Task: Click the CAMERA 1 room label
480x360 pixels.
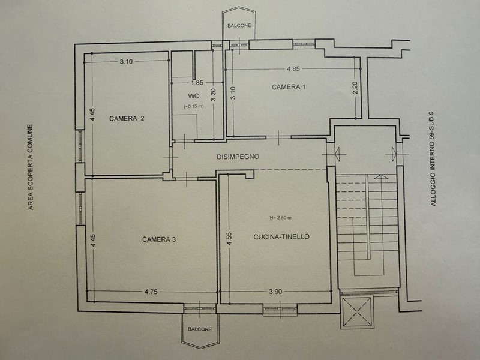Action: point(289,87)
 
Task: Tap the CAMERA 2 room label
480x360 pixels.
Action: point(127,118)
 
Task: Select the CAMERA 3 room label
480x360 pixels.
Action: point(159,239)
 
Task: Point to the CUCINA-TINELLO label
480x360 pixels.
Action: point(281,236)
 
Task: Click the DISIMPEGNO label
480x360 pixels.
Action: point(238,157)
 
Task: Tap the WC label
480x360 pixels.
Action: point(193,96)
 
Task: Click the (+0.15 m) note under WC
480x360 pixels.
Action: point(193,107)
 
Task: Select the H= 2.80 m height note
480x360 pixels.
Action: point(280,218)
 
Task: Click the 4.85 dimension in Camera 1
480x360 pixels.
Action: point(293,69)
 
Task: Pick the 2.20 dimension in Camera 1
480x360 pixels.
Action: point(355,88)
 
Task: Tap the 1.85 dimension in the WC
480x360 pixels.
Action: point(197,83)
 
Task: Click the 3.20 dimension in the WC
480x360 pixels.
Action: point(214,95)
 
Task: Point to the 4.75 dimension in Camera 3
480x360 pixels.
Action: point(151,292)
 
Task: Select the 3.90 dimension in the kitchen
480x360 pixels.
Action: point(275,292)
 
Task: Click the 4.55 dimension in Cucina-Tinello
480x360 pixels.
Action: point(229,239)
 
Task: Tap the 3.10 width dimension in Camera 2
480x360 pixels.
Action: point(126,62)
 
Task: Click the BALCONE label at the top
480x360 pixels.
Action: point(239,26)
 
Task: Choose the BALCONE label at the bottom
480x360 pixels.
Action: point(200,329)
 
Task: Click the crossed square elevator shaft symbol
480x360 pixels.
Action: point(357,312)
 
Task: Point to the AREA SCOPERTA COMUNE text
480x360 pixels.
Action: point(31,167)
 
